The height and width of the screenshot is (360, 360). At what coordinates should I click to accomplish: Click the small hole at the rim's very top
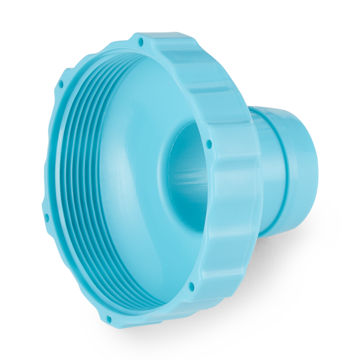coord(140,42)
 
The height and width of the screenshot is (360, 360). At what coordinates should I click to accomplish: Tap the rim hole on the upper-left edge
coord(61,85)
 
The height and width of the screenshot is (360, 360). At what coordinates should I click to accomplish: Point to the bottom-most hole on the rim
coord(109,320)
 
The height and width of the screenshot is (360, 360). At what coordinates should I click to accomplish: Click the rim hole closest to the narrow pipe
coord(209,143)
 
